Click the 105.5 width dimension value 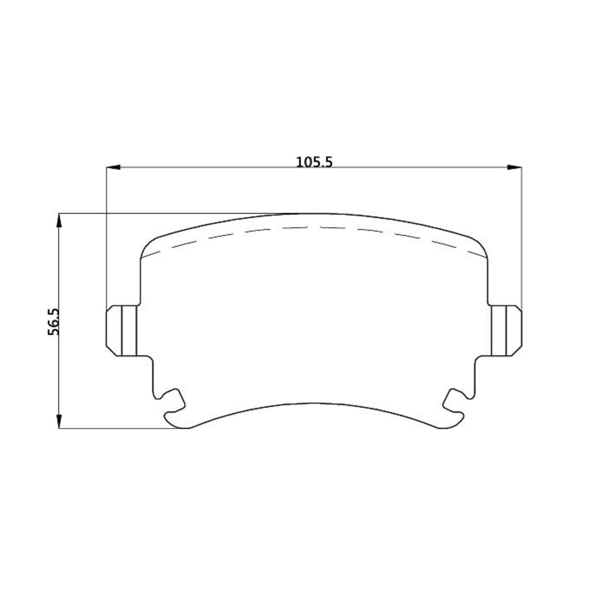pyautogui.click(x=314, y=162)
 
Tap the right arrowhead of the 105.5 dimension pyautogui.click(x=514, y=167)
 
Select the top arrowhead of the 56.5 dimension pyautogui.click(x=59, y=221)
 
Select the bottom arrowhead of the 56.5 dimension pyautogui.click(x=59, y=421)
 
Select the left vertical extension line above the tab pyautogui.click(x=106, y=239)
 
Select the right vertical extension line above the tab pyautogui.click(x=522, y=239)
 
